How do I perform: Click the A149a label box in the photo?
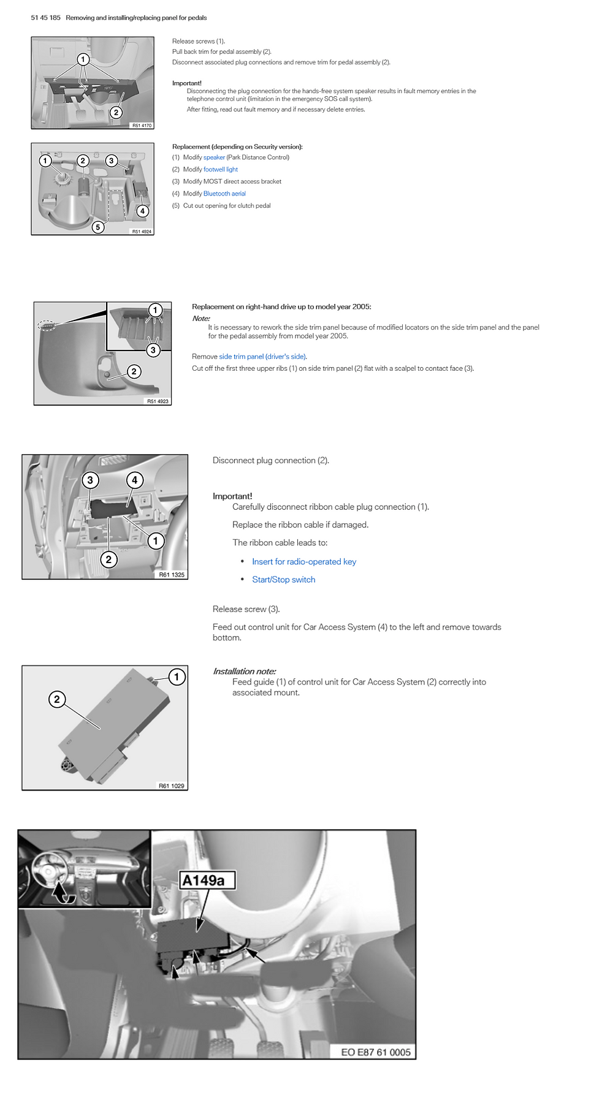207,880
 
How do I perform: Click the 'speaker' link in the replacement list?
214,157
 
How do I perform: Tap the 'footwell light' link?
221,170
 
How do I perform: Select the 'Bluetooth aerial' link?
224,194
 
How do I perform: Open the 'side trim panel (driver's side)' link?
263,357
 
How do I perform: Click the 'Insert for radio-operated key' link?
304,561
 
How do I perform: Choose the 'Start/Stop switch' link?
284,580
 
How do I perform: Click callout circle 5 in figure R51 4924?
97,227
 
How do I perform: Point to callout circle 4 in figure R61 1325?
135,480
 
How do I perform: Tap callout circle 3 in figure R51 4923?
153,350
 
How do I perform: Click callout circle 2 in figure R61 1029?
57,699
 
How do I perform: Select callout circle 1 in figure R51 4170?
83,59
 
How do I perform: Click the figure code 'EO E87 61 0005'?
376,1051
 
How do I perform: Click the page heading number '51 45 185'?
46,18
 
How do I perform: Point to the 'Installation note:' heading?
244,671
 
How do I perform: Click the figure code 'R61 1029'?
171,786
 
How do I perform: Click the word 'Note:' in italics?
201,319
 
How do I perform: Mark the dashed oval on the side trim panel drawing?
47,325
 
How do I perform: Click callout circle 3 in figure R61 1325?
90,480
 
